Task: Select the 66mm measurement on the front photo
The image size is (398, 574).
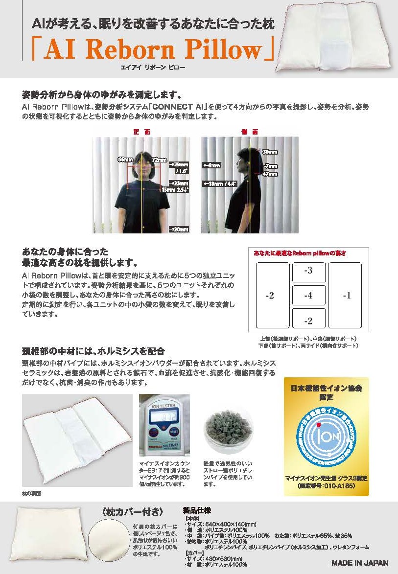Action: pyautogui.click(x=125, y=160)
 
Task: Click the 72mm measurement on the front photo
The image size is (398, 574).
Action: pyautogui.click(x=159, y=160)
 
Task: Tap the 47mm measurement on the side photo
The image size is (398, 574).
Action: pyautogui.click(x=270, y=173)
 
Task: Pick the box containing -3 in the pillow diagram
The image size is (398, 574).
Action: pyautogui.click(x=308, y=272)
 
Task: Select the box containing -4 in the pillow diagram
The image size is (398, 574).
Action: pyautogui.click(x=308, y=296)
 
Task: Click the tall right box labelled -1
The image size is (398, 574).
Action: pyautogui.click(x=345, y=295)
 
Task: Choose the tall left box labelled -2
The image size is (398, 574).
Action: pyautogui.click(x=273, y=295)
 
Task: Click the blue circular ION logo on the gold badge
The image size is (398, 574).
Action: pyautogui.click(x=326, y=432)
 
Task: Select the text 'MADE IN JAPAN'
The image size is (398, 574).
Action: pyautogui.click(x=360, y=562)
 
